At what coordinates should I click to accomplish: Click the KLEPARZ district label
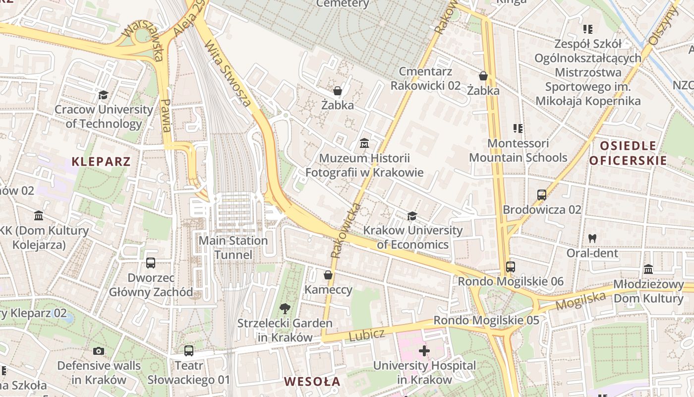coord(101,161)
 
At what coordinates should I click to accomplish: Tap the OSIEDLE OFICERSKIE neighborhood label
coord(628,153)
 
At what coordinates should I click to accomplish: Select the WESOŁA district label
coord(312,381)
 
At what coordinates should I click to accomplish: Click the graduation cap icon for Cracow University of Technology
coord(104,95)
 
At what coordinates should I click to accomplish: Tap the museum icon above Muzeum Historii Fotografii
coord(364,143)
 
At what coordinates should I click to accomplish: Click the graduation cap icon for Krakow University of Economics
coord(412,216)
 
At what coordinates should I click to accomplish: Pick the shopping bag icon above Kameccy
coord(328,275)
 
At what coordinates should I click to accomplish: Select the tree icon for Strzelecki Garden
coord(285,309)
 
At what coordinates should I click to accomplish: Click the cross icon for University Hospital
coord(424,351)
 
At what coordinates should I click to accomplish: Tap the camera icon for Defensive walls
coord(99,351)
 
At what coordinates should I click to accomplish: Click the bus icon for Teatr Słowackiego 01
coord(188,351)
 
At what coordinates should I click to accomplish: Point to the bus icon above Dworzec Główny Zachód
coord(151,263)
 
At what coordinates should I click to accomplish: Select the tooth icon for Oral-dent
coord(592,238)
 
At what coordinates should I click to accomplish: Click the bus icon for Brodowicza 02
coord(542,195)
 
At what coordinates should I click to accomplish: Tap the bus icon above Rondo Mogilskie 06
coord(511,267)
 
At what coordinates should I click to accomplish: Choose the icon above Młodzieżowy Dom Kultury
coord(648,269)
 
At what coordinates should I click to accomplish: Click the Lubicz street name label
coord(366,335)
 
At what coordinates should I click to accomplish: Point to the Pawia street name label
coord(166,115)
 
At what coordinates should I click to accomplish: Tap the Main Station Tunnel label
coord(233,248)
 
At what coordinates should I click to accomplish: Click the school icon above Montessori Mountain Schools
coord(518,129)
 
